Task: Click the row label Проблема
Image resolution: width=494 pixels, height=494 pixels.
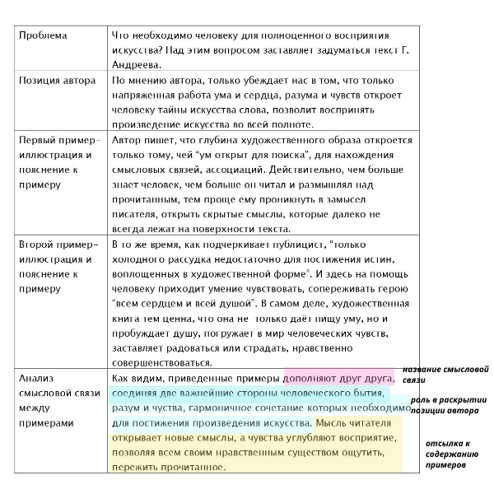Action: (x=43, y=36)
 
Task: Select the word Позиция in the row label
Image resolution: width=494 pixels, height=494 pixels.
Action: (x=40, y=81)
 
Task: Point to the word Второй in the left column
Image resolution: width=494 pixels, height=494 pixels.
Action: (x=37, y=245)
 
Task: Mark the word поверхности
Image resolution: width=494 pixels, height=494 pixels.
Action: (x=220, y=229)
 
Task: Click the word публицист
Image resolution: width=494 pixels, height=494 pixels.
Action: (x=286, y=245)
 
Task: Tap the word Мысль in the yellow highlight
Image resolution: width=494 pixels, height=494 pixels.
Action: (x=333, y=423)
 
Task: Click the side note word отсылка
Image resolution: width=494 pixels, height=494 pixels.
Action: (x=442, y=443)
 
